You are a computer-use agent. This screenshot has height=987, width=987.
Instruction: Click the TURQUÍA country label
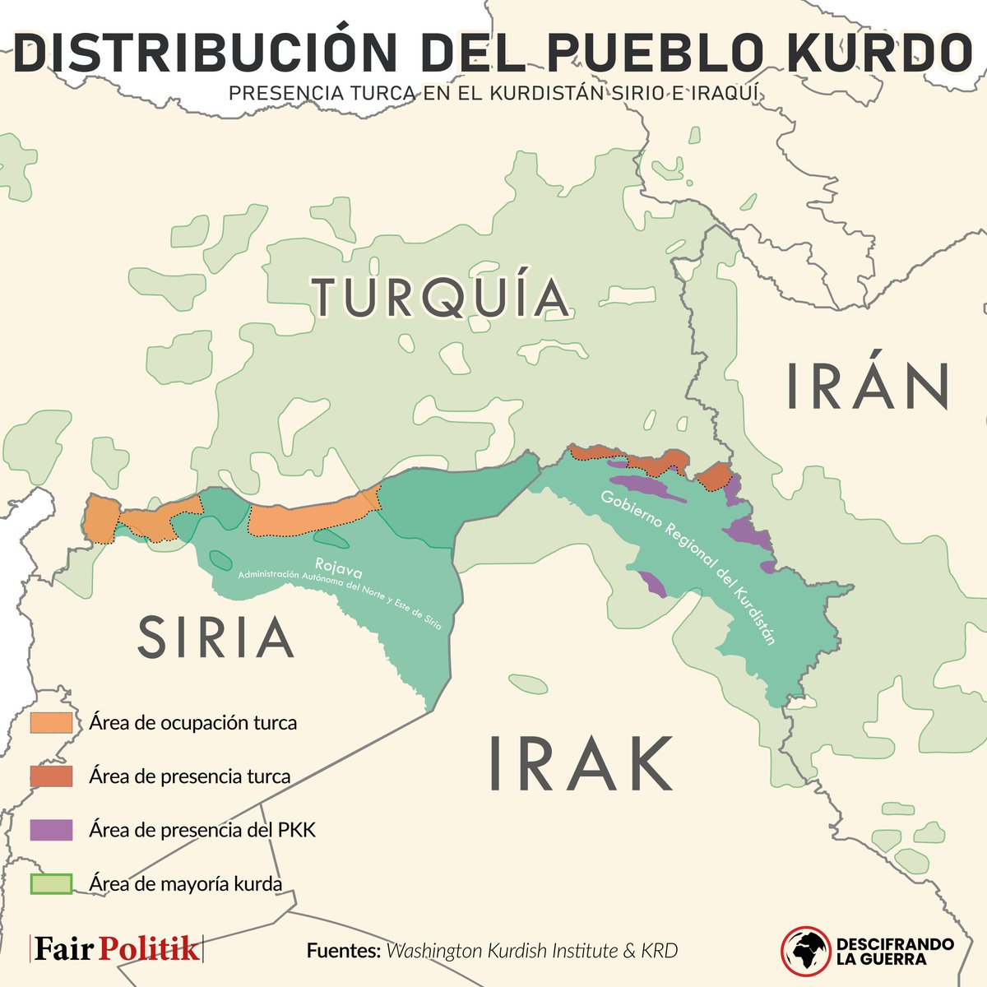(440, 298)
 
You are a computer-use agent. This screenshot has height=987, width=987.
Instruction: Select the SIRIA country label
(215, 637)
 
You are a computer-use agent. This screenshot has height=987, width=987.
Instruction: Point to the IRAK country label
(581, 763)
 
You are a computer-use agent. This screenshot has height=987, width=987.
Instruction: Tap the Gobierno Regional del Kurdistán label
(688, 568)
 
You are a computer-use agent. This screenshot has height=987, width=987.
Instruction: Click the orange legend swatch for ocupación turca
(51, 723)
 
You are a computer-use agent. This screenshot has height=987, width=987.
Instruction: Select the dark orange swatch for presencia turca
(51, 776)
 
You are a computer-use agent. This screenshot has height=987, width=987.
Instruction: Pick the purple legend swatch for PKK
(51, 830)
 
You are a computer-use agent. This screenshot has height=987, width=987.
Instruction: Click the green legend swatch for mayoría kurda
(51, 884)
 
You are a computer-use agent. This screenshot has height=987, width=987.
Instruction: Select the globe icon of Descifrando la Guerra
(805, 948)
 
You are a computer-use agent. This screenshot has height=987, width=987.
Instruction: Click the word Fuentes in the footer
(342, 952)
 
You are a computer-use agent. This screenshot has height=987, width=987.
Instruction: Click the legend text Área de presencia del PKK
(202, 830)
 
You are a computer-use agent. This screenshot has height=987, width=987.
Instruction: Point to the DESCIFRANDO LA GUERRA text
(894, 951)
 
